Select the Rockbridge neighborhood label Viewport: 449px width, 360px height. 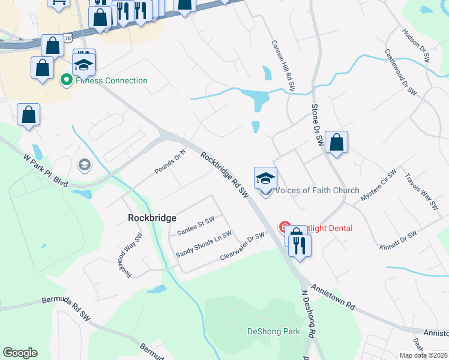151,218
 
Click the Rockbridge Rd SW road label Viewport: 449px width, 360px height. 225,175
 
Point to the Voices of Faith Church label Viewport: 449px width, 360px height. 316,190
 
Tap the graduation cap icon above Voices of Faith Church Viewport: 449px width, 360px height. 265,178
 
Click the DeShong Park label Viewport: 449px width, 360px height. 274,331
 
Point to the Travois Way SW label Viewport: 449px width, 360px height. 421,192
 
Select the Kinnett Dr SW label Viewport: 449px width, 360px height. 397,239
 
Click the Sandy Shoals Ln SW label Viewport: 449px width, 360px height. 203,245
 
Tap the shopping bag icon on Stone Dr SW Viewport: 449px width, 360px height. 337,143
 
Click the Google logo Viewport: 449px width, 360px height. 20,353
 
